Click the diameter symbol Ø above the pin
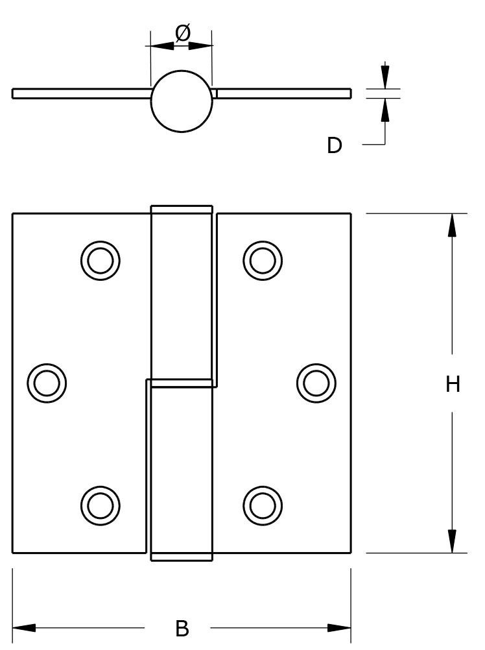[182, 32]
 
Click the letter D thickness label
[334, 145]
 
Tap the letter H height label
[453, 385]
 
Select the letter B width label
[182, 628]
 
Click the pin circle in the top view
[182, 101]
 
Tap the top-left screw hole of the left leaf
[100, 261]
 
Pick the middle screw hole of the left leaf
[47, 383]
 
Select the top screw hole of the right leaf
[263, 261]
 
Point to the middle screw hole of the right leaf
[316, 383]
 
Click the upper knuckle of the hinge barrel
[182, 295]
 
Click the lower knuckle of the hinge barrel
[182, 470]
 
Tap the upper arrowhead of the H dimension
[452, 224]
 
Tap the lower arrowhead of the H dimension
[452, 542]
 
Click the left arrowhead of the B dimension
[23, 628]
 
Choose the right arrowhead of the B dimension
[340, 628]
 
